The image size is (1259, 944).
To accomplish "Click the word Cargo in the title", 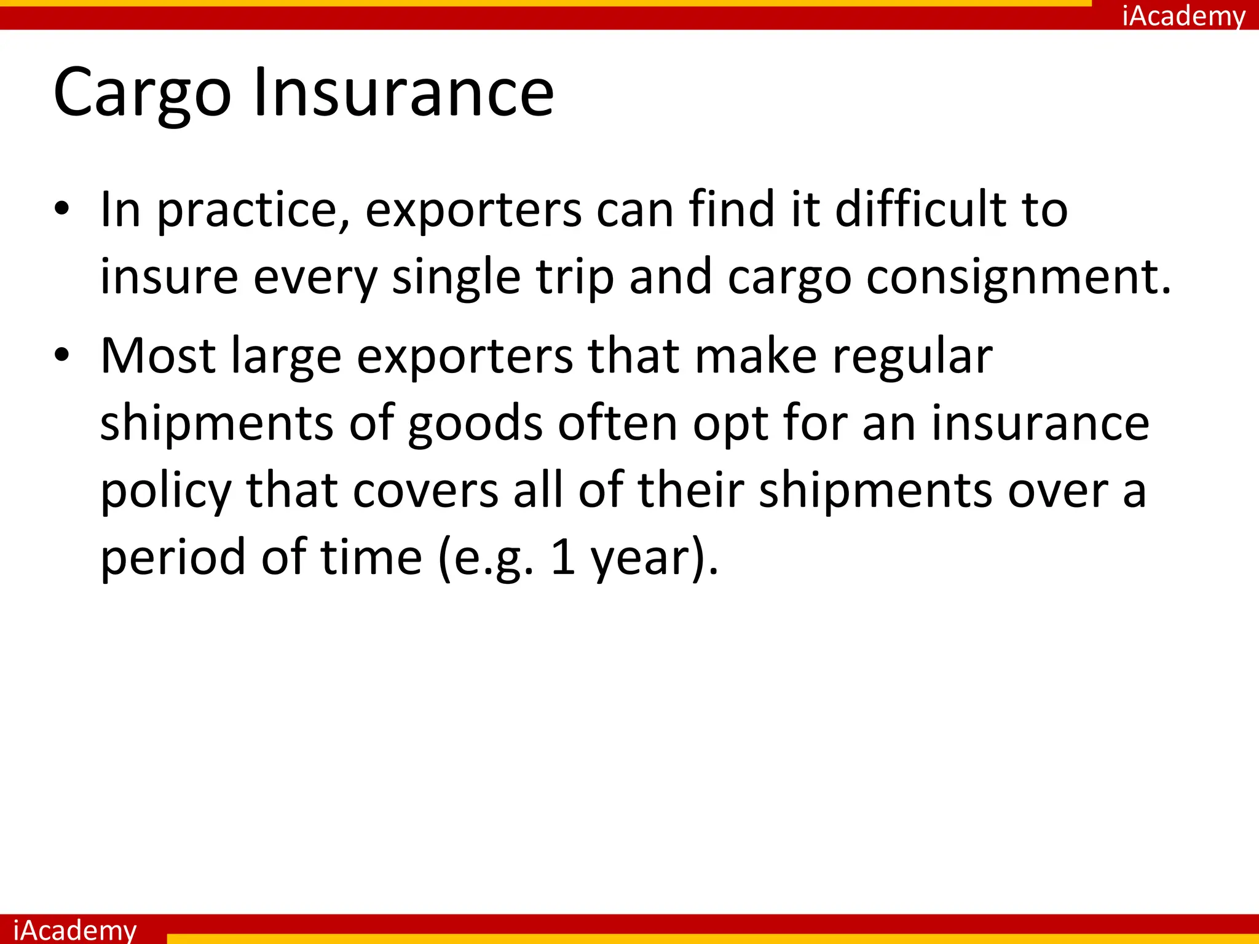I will click(x=142, y=93).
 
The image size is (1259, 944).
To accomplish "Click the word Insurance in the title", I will click(x=403, y=93).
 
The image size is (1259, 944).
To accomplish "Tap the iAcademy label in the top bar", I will click(x=1183, y=15).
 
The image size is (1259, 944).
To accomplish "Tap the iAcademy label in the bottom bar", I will click(x=74, y=929).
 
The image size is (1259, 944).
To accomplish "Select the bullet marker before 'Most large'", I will click(x=62, y=356).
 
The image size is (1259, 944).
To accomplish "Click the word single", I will click(x=456, y=278).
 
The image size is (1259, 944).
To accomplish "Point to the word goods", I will click(x=475, y=424).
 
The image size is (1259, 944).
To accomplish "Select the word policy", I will click(x=165, y=491).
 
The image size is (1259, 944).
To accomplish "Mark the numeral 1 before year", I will click(x=563, y=558).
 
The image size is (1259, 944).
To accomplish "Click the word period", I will click(x=173, y=558).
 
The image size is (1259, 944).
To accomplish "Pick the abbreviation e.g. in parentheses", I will click(x=486, y=558).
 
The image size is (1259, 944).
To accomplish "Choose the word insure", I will click(x=169, y=278).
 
